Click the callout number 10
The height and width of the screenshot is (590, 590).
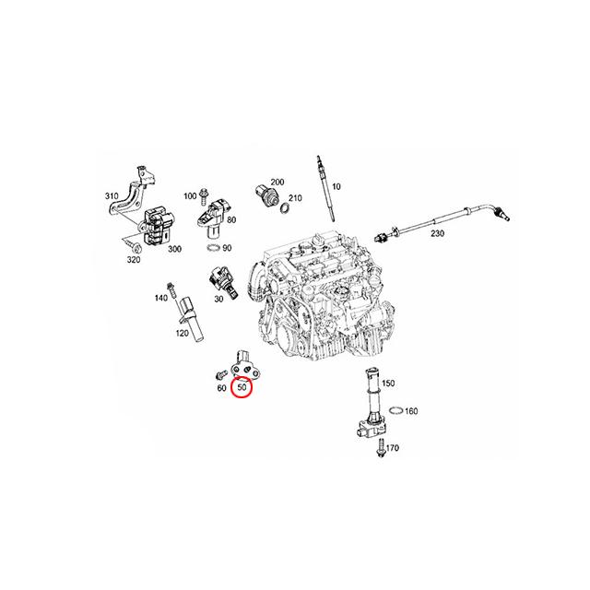click(336, 186)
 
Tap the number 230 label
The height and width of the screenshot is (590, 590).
click(437, 233)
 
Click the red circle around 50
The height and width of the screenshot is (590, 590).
click(242, 387)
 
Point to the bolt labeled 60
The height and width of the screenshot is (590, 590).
click(221, 375)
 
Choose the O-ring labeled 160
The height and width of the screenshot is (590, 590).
click(396, 409)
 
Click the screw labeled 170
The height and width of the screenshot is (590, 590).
click(381, 449)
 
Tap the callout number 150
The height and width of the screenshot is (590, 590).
click(388, 383)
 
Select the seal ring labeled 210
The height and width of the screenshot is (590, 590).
click(286, 207)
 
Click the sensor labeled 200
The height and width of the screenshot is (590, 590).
click(266, 195)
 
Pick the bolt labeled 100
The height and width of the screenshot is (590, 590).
click(204, 196)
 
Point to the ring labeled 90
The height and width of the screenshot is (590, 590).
click(214, 248)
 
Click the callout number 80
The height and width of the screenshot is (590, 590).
click(231, 219)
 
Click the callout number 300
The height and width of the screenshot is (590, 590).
click(174, 249)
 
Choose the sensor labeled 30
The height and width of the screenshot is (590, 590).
click(223, 284)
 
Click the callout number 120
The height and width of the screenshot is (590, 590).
click(183, 333)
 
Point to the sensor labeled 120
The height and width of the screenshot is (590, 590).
click(191, 319)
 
